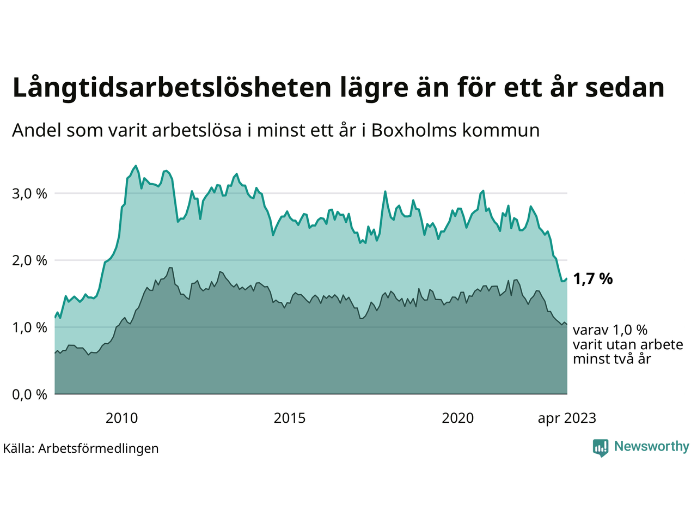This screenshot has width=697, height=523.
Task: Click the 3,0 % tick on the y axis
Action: pos(29,193)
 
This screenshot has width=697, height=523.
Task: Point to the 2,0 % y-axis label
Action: pos(29,260)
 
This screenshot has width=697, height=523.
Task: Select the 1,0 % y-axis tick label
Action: pos(29,327)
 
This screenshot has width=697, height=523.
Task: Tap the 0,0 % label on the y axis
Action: pos(29,394)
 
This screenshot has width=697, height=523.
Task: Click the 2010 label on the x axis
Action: pos(121,418)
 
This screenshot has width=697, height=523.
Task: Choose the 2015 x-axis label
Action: pos(290,418)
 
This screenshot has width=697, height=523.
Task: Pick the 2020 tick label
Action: pos(457,418)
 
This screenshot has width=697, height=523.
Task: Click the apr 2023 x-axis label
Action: pos(567,418)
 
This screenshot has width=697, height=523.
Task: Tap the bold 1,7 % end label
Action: pos(592,279)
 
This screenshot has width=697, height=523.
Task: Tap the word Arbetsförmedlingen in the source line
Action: pos(99,448)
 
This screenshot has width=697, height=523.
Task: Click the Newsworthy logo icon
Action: pos(601,448)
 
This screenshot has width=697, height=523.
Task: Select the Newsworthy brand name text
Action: pos(651,447)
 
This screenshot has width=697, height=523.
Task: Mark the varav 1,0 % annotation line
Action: pos(610,330)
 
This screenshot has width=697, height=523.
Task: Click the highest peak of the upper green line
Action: pos(136,166)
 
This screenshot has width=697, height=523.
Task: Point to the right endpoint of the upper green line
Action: pos(567,279)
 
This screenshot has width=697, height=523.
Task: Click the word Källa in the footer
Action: pos(19,448)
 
